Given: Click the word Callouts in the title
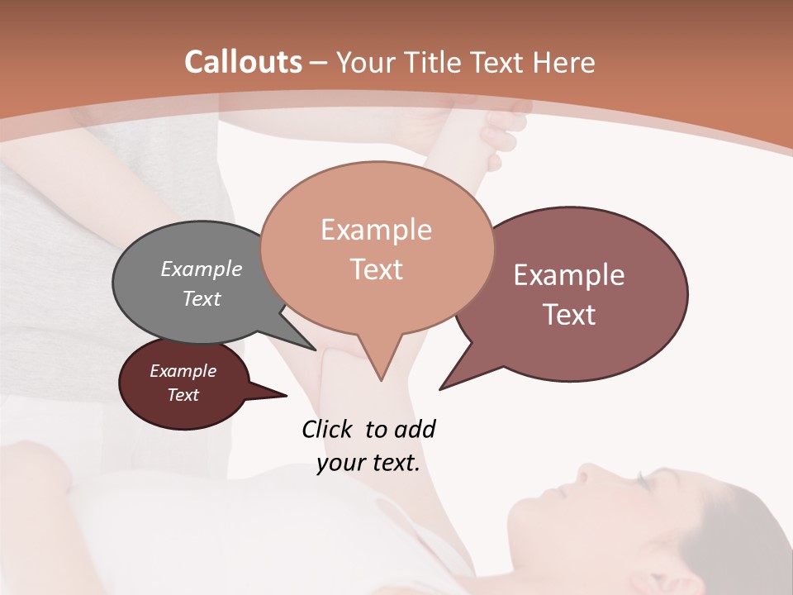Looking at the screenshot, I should [243, 62].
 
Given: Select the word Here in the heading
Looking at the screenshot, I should [564, 62].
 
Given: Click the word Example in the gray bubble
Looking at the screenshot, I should [201, 269].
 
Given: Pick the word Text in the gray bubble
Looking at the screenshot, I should [201, 298].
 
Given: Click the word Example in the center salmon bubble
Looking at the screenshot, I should [376, 230].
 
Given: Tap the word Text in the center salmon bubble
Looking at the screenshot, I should [376, 269].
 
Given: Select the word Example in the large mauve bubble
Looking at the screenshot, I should [569, 275].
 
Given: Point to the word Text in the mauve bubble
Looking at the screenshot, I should [569, 314].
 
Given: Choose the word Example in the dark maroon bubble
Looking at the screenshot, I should [183, 371].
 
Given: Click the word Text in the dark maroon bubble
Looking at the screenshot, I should [183, 395].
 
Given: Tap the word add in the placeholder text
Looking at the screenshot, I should [415, 429].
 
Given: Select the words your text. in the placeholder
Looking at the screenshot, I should [368, 463].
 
